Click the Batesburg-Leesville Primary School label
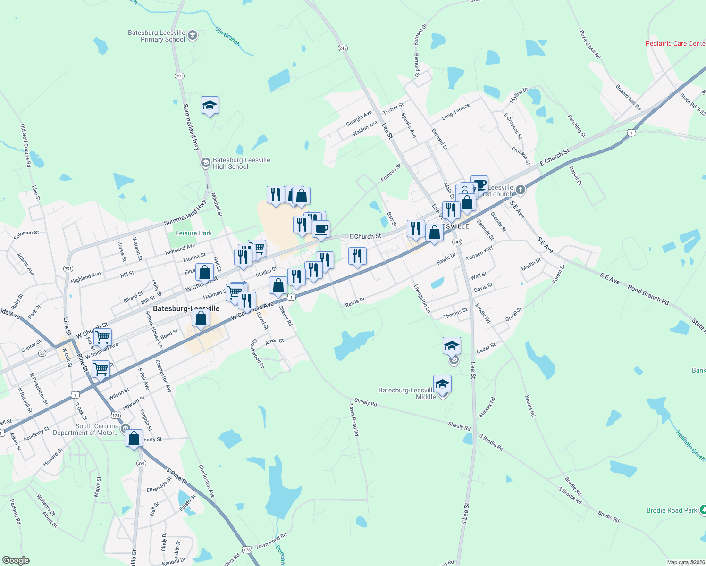157,36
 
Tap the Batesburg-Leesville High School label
241,163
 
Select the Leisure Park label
193,233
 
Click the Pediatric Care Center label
675,43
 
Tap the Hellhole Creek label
690,445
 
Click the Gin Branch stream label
227,36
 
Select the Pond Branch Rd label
648,295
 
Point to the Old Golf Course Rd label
25,145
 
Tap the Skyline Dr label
519,96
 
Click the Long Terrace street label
455,111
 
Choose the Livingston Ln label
422,298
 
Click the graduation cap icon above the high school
210,106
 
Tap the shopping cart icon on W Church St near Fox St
102,337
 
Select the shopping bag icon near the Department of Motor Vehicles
134,438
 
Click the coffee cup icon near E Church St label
321,229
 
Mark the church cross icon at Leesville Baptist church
520,190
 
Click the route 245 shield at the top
343,48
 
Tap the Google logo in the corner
16,560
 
